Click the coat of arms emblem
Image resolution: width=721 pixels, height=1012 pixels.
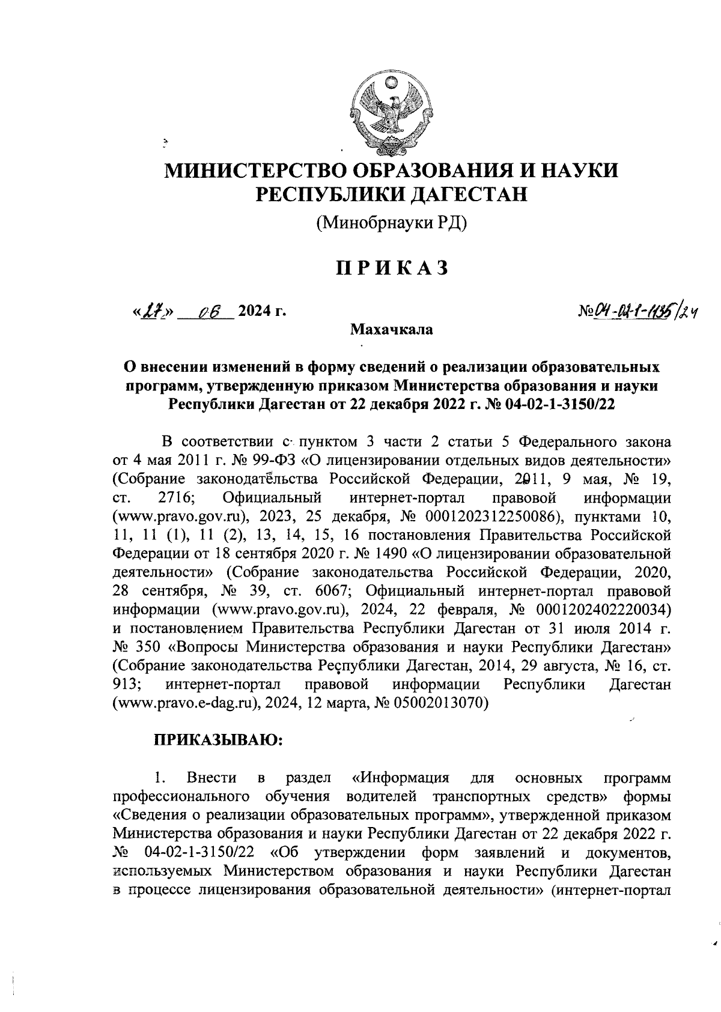(x=391, y=112)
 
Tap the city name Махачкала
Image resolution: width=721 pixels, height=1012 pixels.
(x=392, y=329)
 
